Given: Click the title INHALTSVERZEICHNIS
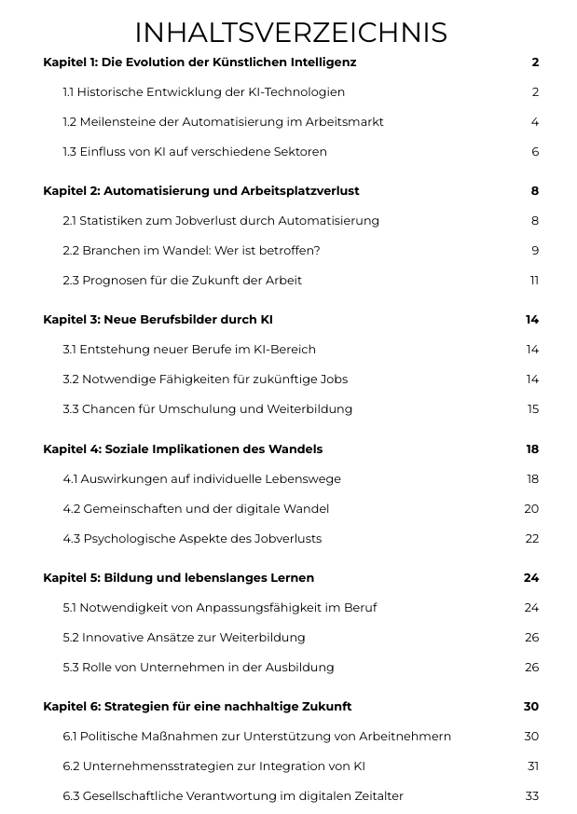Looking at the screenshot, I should (290, 33).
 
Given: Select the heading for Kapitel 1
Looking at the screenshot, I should (199, 62).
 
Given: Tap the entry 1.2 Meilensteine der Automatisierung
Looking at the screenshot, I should (223, 122).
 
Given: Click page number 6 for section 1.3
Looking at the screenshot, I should (535, 152).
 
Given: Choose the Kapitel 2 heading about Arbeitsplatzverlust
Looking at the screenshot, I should (200, 191).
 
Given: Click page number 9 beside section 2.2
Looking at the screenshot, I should (535, 251).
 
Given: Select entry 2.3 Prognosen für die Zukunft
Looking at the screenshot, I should (182, 281).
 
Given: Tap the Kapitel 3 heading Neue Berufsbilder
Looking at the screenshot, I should (158, 320).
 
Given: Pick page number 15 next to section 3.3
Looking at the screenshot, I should (532, 409).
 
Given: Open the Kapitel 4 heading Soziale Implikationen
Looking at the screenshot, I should (183, 449).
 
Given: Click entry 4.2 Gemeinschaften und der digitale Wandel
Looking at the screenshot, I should (196, 509).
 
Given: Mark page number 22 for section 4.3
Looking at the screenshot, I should (531, 539).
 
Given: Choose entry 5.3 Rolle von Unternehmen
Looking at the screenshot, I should (198, 668).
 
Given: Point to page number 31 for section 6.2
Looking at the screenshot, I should (532, 766).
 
